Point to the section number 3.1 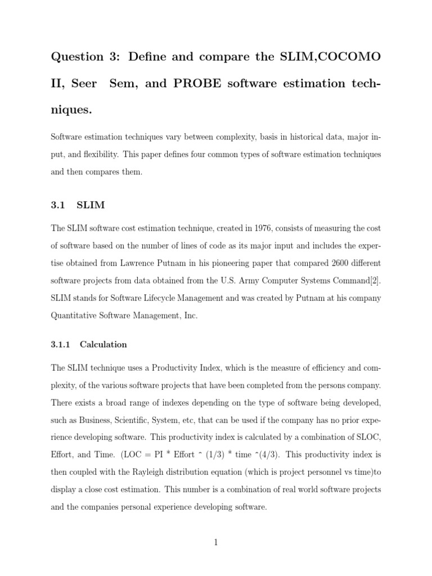click(x=58, y=205)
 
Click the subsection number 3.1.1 click(x=61, y=344)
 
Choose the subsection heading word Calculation click(x=103, y=344)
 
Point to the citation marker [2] click(x=376, y=281)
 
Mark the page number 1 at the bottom click(x=216, y=542)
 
